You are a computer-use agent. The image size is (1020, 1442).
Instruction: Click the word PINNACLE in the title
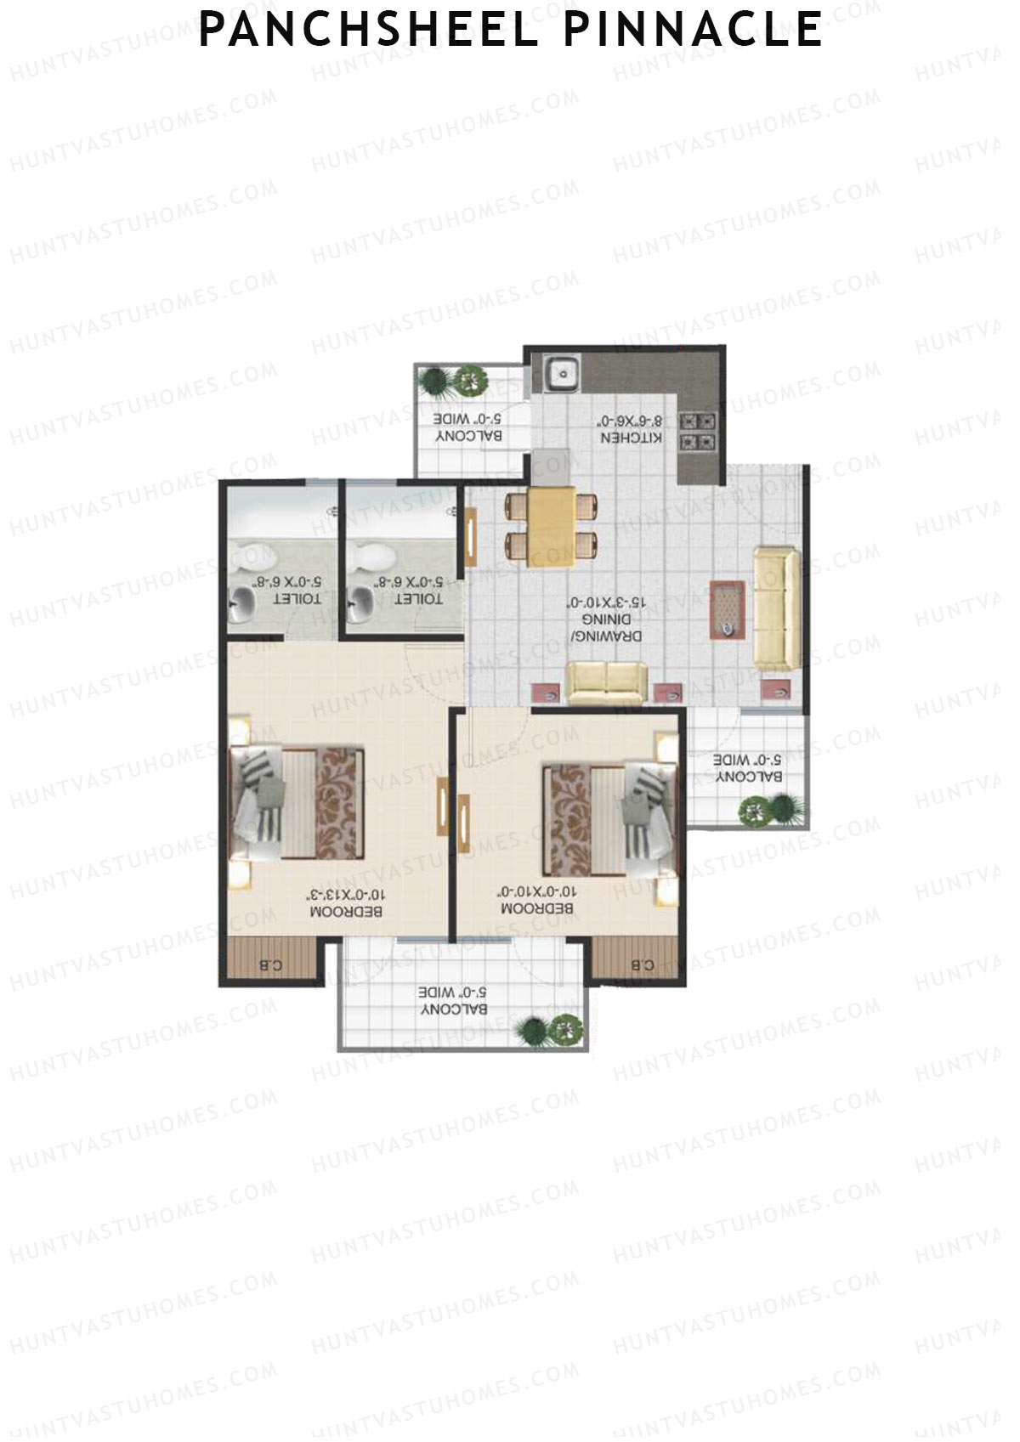692,31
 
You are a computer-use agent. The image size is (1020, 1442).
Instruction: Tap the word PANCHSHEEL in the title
368,31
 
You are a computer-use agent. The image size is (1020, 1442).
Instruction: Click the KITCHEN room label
632,429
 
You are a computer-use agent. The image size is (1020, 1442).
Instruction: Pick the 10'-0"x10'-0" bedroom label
537,900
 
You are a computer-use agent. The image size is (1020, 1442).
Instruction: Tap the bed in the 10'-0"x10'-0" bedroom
609,821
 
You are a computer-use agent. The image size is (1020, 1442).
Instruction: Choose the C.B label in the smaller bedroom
643,964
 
